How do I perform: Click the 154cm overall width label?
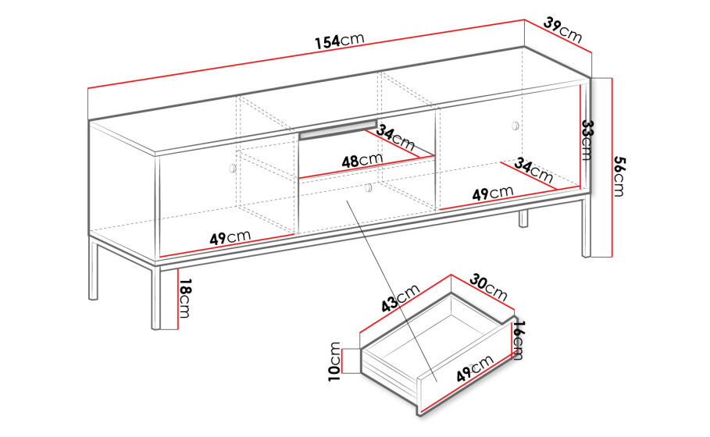coord(340,41)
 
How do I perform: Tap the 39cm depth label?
coord(562,30)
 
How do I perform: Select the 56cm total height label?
coord(619,176)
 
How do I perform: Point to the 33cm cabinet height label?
coord(587,140)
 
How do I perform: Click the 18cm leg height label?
coord(185,298)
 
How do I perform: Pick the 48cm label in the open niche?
coord(362,160)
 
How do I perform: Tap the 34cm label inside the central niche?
coord(395,137)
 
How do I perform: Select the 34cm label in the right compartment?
coord(533,170)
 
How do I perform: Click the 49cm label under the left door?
coord(230,237)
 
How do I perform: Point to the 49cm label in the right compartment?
coord(493,194)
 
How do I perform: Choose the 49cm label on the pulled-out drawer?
coord(475,368)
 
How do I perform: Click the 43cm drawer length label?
coord(400,298)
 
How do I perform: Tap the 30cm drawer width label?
coord(488,287)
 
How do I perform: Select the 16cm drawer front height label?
coord(519,340)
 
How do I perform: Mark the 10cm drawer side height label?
coord(334,361)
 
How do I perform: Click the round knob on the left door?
coord(233,169)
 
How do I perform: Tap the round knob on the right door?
coord(516,126)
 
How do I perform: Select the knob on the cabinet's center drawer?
coord(368,187)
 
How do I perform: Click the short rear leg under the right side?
coord(523,218)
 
